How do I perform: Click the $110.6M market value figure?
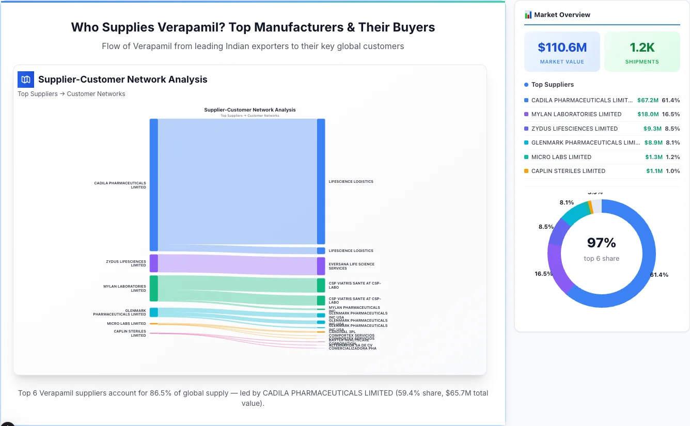click(562, 48)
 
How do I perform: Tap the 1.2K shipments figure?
click(642, 48)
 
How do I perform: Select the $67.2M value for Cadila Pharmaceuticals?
click(648, 100)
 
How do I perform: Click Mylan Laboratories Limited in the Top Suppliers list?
click(576, 114)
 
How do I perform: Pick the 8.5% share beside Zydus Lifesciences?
click(672, 129)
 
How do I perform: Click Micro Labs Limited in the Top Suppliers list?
click(561, 157)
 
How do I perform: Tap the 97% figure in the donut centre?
click(602, 243)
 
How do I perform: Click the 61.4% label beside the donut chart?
click(659, 275)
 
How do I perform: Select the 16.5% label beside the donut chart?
click(544, 274)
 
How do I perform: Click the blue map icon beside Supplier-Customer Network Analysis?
click(25, 80)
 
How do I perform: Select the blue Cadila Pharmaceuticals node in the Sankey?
click(153, 185)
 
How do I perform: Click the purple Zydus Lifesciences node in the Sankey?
click(153, 263)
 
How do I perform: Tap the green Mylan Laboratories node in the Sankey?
click(153, 288)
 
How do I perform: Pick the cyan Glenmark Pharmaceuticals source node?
click(153, 312)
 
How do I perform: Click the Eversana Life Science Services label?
click(352, 266)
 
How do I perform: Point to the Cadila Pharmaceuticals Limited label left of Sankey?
click(120, 185)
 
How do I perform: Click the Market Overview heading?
click(562, 15)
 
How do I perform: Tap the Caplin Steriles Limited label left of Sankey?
click(130, 333)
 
